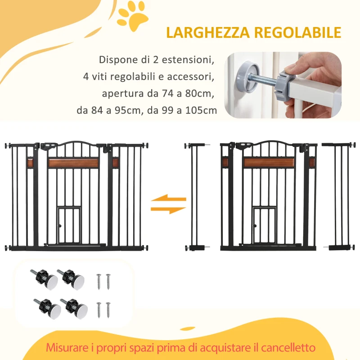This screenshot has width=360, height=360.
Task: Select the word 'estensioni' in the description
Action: [191, 60]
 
